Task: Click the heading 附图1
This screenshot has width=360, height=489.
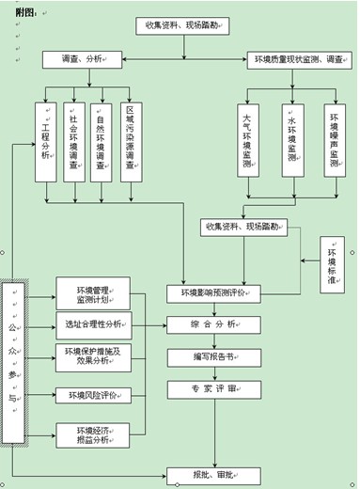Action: (x=20, y=11)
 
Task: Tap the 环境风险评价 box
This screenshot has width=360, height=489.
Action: (x=93, y=394)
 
